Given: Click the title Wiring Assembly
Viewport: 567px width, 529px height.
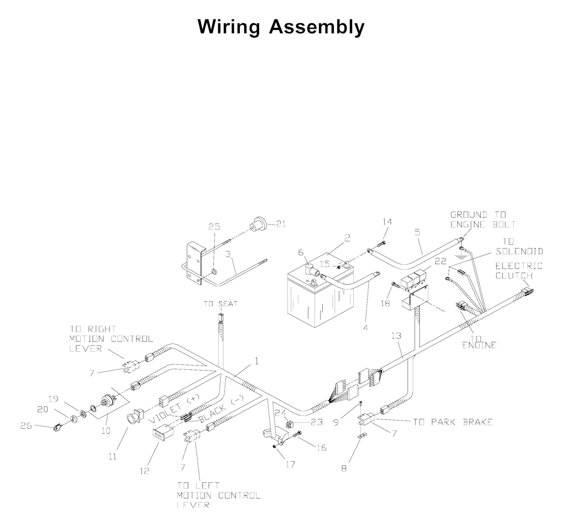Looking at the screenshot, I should point(281,26).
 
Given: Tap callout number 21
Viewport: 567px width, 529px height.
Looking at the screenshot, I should point(281,224).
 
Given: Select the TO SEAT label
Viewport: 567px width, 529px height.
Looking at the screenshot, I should point(220,304).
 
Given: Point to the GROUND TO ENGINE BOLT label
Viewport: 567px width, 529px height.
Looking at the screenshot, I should point(483,219).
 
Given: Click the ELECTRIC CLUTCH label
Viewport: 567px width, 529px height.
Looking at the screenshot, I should point(519,270).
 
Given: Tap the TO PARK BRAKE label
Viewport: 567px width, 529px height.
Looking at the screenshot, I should point(452,422).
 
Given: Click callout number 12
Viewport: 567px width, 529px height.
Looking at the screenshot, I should point(145,471).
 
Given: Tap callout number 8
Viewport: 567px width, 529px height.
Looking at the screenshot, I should point(344,469).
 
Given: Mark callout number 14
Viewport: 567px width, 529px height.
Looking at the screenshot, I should point(387,222).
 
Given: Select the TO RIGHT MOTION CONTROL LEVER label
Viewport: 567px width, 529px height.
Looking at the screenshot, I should point(111,338).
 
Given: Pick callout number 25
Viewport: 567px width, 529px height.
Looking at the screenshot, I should point(214,226).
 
